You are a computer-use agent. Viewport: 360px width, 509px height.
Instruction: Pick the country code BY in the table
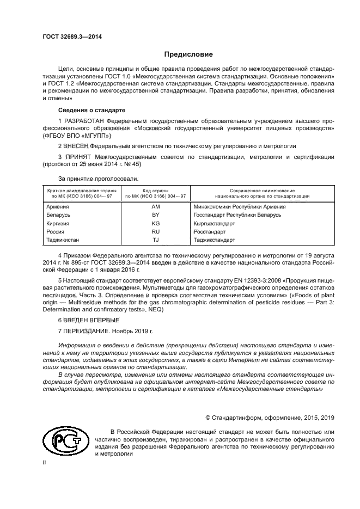pos(155,215)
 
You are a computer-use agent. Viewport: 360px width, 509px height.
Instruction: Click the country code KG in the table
pos(155,223)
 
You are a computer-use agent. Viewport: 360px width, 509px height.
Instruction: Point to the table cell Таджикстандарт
pos(214,240)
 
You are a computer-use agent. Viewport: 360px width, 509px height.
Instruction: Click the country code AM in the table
pos(155,207)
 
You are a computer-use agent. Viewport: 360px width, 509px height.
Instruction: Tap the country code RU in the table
pos(155,231)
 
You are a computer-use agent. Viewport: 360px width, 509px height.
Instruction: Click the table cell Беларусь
pos(59,215)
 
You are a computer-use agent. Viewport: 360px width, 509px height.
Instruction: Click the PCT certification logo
pos(63,441)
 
